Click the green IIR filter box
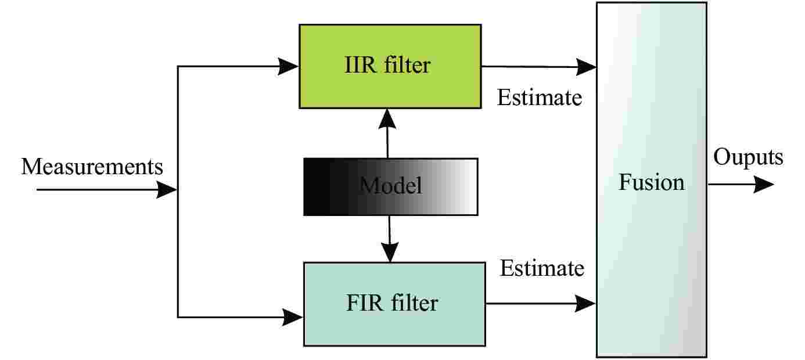[x=389, y=66]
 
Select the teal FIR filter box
[x=394, y=304]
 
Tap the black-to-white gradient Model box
[x=390, y=186]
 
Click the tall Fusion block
[x=651, y=180]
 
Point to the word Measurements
[x=92, y=167]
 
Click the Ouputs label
[x=747, y=157]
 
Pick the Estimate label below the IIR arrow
[x=539, y=98]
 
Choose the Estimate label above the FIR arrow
[x=542, y=268]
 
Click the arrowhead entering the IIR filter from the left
[x=288, y=66]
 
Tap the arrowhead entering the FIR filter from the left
[x=293, y=317]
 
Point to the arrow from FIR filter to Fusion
[x=540, y=303]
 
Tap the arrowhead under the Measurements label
[x=166, y=190]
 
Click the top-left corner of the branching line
[x=178, y=67]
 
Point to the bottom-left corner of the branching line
[x=178, y=317]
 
